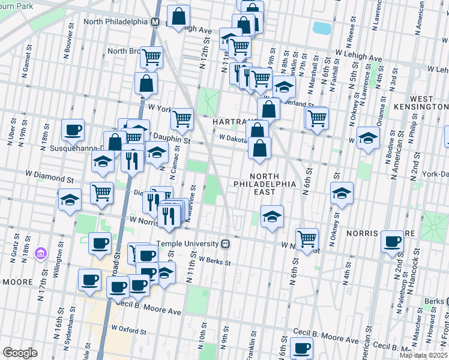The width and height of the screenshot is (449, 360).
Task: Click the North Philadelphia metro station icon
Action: click(x=155, y=22)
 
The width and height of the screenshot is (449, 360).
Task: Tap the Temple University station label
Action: click(x=188, y=244)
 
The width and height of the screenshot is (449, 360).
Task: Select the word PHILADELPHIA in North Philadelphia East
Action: click(x=264, y=184)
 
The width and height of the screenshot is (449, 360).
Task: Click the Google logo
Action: click(x=20, y=353)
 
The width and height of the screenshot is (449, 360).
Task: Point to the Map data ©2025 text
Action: click(x=423, y=355)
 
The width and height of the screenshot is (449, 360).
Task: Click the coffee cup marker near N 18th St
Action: click(x=73, y=130)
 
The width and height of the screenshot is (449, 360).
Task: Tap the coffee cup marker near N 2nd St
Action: click(x=392, y=241)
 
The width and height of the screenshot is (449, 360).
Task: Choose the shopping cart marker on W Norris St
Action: click(x=307, y=238)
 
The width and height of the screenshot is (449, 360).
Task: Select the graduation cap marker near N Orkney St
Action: click(x=342, y=193)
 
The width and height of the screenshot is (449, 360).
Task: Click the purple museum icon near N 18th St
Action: click(x=40, y=253)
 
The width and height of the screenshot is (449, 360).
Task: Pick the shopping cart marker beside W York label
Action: click(x=181, y=118)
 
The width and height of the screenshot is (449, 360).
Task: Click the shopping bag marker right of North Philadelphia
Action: click(x=179, y=17)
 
